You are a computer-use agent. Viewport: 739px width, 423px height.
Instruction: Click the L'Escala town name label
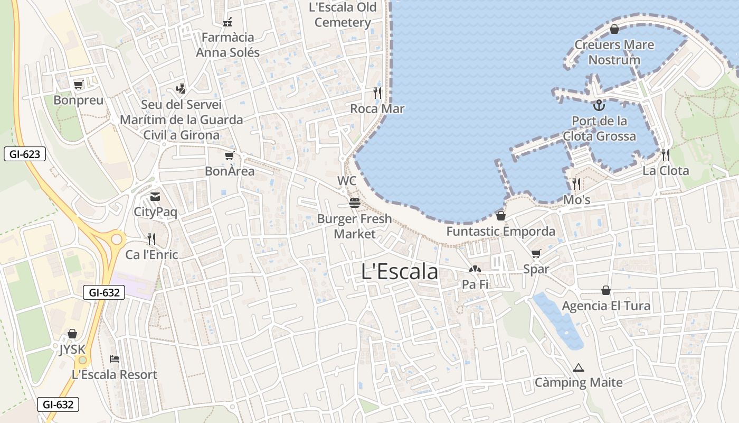click(400, 272)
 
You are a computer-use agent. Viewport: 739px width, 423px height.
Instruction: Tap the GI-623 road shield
click(25, 154)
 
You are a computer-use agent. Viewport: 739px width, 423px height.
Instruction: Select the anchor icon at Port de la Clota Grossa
click(599, 105)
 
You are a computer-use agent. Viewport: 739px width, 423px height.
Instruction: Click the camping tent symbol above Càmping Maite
click(579, 367)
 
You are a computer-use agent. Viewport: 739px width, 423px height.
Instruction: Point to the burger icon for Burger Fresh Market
click(354, 203)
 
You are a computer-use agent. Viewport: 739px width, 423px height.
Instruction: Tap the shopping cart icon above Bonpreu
click(79, 85)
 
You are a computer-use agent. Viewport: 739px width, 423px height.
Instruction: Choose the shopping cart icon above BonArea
click(229, 155)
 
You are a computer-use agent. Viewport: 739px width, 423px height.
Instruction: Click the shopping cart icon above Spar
click(536, 253)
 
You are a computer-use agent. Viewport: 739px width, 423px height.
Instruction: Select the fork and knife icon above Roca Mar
click(377, 93)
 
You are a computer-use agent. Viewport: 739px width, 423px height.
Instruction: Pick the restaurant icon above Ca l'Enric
click(151, 239)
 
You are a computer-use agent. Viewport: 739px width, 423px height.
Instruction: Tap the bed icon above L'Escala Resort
click(115, 359)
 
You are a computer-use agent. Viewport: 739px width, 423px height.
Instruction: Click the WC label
click(347, 181)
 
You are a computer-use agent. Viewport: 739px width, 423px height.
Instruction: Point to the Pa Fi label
click(475, 284)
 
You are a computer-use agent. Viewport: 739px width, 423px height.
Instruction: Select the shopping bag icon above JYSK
click(72, 334)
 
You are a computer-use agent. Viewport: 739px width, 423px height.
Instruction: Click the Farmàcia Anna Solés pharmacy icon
click(228, 22)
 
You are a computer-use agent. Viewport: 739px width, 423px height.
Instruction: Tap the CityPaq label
click(155, 212)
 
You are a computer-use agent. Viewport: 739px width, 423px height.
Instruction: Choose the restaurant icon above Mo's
click(576, 184)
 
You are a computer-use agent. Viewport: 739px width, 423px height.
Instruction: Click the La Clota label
click(665, 170)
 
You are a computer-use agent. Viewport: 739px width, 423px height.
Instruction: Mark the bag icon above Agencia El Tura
click(606, 290)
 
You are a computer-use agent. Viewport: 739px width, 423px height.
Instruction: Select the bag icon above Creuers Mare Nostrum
click(614, 29)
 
